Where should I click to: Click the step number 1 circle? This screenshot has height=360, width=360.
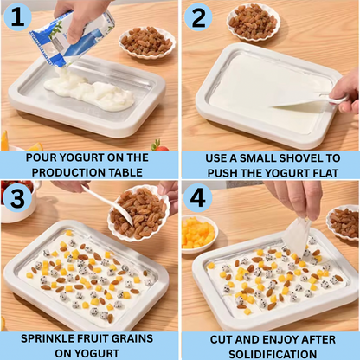click(x=18, y=16)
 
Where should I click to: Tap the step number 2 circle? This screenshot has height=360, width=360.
click(x=198, y=17)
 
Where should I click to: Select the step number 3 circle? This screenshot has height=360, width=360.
click(x=18, y=197)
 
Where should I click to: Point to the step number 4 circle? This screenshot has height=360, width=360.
click(x=198, y=198)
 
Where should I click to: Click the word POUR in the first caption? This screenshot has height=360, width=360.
click(x=41, y=157)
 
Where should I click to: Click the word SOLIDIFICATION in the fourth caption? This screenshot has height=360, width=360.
click(x=273, y=354)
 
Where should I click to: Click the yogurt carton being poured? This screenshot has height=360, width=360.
click(x=71, y=38)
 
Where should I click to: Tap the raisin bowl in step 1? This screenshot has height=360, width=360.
click(x=147, y=42)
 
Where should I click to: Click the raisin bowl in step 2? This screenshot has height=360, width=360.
click(x=254, y=22)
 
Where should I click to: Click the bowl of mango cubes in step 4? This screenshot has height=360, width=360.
click(x=199, y=234)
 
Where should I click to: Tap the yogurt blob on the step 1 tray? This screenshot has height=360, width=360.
click(x=89, y=92)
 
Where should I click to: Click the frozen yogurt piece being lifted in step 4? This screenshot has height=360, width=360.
click(x=297, y=236)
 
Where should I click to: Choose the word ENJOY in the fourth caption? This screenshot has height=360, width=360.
click(x=278, y=339)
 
